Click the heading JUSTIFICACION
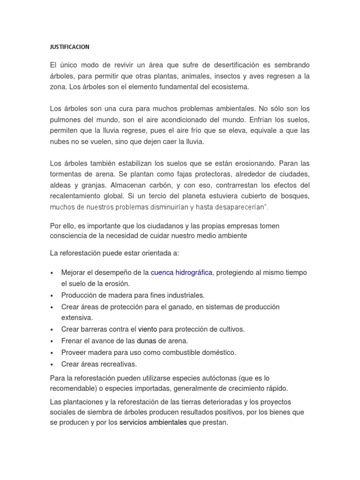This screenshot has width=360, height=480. (x=69, y=47)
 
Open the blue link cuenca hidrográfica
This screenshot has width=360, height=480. (x=181, y=272)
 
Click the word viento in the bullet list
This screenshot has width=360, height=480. (x=147, y=329)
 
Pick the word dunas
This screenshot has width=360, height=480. (x=146, y=341)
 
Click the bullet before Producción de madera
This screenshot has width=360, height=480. (x=52, y=296)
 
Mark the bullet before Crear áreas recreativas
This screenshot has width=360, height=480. (x=52, y=364)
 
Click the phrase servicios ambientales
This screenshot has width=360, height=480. (x=153, y=422)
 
